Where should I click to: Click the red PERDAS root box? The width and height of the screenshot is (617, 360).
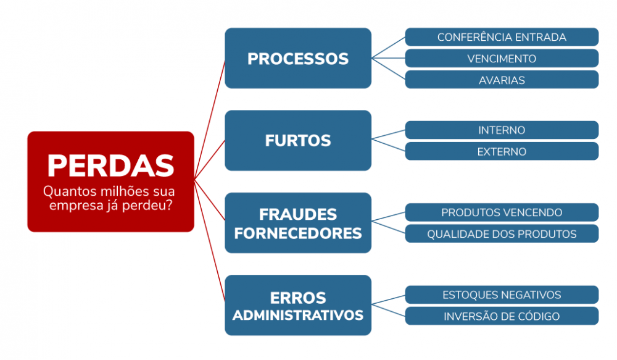(110, 181)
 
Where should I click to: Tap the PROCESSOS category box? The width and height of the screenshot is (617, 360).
(298, 58)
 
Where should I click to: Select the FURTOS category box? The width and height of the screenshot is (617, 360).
(298, 140)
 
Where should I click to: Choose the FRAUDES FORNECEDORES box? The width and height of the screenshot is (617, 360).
(298, 223)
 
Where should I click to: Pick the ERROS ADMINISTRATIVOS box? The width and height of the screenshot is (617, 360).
(298, 305)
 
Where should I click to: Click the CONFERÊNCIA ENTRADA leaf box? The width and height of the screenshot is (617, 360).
(502, 37)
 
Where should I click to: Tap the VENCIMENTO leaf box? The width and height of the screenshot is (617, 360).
(502, 59)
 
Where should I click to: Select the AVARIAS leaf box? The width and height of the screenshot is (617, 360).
(502, 80)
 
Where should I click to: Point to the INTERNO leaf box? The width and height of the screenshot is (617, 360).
(502, 130)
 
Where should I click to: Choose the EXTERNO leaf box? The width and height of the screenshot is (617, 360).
(502, 151)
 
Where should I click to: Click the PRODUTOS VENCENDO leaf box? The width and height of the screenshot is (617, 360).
(502, 212)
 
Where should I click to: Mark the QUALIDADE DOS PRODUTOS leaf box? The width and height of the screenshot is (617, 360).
(502, 234)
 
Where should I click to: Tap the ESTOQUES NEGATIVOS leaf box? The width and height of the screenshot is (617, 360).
(502, 295)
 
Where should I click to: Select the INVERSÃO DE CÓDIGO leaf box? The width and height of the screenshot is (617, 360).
(502, 316)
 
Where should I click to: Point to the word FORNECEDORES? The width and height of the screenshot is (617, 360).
(298, 233)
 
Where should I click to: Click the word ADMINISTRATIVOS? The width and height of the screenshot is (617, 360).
(298, 315)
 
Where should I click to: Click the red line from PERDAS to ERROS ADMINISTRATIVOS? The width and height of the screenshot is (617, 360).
(210, 241)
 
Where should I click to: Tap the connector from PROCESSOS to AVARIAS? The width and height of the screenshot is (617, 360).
(389, 69)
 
